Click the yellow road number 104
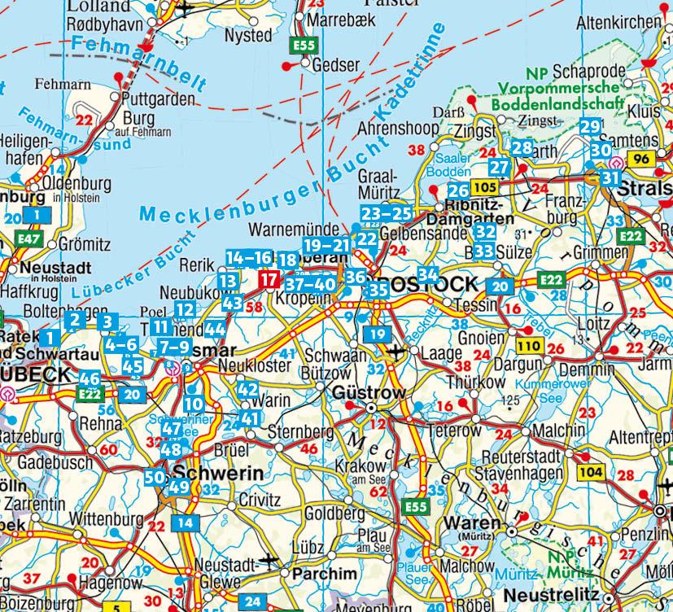pos(591,470)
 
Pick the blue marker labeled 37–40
pos(310,283)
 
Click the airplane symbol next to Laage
pos(396,352)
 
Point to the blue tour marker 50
pos(155,479)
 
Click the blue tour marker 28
pos(522,148)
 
